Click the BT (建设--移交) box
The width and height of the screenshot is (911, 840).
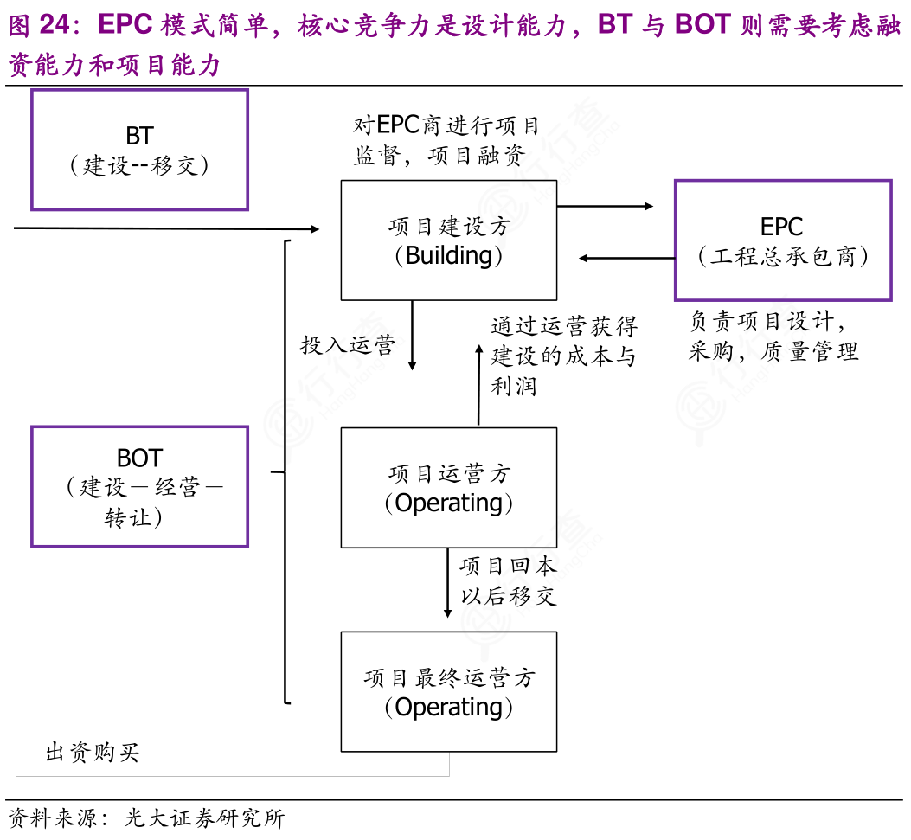pyautogui.click(x=139, y=150)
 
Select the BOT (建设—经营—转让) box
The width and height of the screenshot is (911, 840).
pyautogui.click(x=139, y=486)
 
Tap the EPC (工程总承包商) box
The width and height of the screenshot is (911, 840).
pyautogui.click(x=782, y=240)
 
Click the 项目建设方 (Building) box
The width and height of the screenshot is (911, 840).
pyautogui.click(x=448, y=240)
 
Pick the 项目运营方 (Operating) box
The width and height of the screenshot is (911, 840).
pyautogui.click(x=448, y=488)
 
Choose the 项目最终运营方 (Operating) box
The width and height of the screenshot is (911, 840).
pyautogui.click(x=448, y=691)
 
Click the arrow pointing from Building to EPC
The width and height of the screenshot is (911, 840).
pyautogui.click(x=605, y=207)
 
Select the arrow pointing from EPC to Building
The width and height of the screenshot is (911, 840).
pyautogui.click(x=626, y=258)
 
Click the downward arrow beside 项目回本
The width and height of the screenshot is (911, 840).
pyautogui.click(x=447, y=582)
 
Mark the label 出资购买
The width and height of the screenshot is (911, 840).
pyautogui.click(x=92, y=753)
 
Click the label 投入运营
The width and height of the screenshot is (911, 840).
pyautogui.click(x=347, y=345)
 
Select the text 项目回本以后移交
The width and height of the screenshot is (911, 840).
pyautogui.click(x=508, y=581)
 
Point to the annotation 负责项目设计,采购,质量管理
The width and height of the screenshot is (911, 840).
pyautogui.click(x=773, y=337)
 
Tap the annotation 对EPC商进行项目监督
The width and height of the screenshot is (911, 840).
pyautogui.click(x=446, y=141)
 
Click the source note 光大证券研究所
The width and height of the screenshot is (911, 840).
pyautogui.click(x=204, y=818)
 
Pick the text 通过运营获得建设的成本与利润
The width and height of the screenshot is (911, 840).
pyautogui.click(x=563, y=356)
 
